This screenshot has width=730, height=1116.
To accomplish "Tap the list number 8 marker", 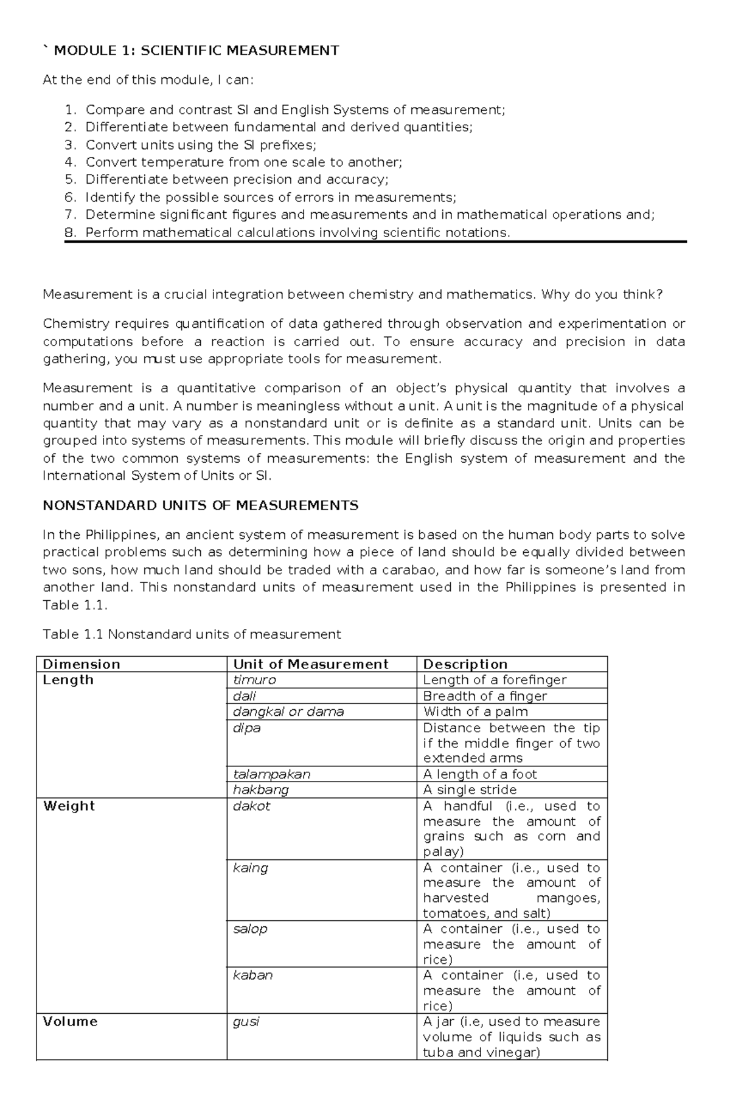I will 71,232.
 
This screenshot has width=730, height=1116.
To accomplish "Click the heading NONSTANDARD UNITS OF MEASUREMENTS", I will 201,505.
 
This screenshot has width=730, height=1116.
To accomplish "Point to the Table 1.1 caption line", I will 192,634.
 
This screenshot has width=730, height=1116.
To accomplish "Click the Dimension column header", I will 82,664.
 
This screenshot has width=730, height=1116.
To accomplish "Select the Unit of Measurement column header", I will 311,664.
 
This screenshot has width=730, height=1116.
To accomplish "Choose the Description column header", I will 465,664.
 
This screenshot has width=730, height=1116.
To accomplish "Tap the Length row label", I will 68,680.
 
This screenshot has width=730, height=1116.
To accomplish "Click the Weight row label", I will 69,806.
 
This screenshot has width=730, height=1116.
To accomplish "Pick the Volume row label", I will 70,1021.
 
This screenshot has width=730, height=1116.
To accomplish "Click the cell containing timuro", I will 255,680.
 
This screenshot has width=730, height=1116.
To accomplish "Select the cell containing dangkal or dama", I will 288,712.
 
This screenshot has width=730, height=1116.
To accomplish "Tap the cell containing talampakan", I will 272,774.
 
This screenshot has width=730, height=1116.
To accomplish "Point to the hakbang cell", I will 261,789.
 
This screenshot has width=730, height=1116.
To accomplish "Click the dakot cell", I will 252,806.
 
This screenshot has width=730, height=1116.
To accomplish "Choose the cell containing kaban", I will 253,975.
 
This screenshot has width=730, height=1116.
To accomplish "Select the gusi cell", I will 246,1021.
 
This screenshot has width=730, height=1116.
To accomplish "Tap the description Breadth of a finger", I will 485,696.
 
